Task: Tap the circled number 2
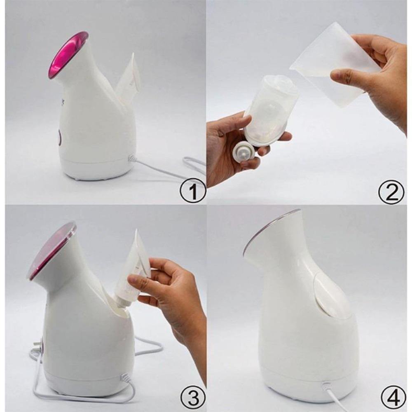click(391, 192)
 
